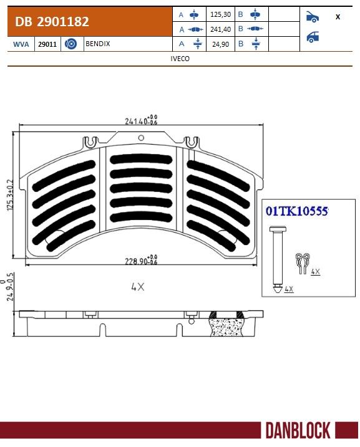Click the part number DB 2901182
[52, 22]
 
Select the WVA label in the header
[21, 44]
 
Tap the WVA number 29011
[47, 44]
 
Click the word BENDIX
[98, 44]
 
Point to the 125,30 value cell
[220, 14]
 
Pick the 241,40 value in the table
[220, 29]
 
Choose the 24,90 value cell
[220, 44]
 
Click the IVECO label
[180, 59]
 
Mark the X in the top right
[338, 17]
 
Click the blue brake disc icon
[71, 44]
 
